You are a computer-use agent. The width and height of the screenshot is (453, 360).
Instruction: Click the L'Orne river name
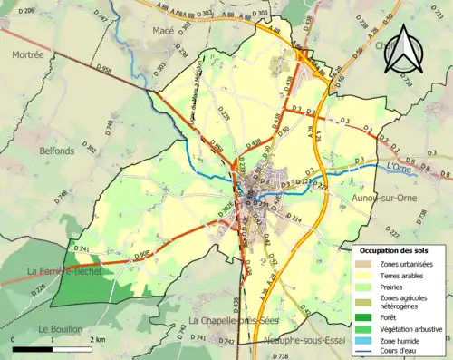[399, 167]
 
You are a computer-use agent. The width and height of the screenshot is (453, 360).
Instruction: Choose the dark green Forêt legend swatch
[367, 316]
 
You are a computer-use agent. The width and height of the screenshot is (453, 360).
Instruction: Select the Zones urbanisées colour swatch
[367, 264]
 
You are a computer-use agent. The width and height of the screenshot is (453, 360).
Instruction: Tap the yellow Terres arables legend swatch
[367, 274]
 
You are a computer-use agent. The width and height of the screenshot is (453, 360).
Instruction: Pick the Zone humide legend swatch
[367, 340]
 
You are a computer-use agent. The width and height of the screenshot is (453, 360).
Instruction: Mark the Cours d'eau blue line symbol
[367, 351]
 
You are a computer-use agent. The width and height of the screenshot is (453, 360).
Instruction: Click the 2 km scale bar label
[96, 338]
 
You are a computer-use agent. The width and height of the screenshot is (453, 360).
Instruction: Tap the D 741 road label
[82, 248]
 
